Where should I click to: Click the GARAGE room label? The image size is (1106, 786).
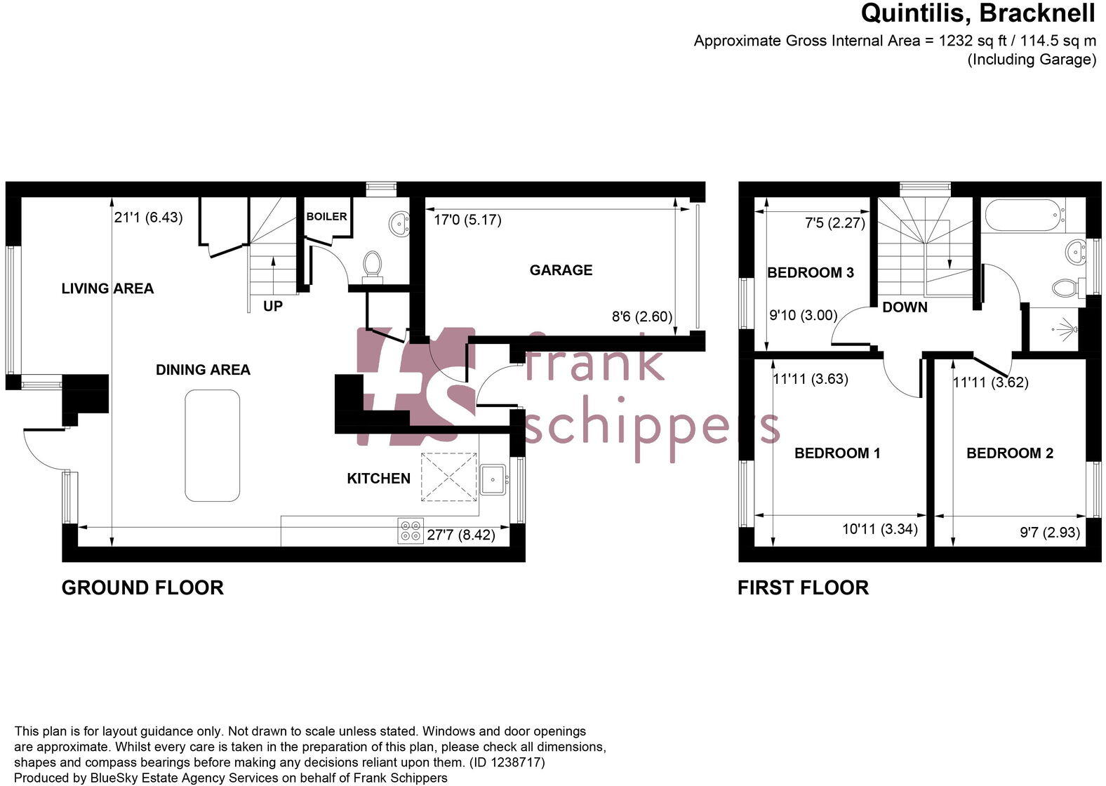point(561,270)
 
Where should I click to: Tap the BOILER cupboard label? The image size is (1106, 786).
point(326,217)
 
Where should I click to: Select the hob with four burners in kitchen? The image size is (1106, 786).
point(411,530)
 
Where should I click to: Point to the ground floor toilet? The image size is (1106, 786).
point(372,265)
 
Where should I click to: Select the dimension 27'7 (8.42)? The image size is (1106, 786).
point(460,535)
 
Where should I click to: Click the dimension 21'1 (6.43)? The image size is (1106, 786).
point(148,218)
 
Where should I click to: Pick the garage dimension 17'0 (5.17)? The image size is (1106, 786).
point(467,220)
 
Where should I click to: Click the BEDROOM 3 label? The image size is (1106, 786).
point(811,273)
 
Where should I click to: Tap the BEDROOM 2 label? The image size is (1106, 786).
point(1010,453)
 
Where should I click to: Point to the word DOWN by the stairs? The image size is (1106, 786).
point(905,307)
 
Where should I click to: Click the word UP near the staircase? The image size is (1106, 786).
point(273,307)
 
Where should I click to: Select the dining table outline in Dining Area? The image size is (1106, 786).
point(212,446)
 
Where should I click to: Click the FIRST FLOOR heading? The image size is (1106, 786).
point(803,588)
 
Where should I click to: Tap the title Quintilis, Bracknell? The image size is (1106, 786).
point(978,13)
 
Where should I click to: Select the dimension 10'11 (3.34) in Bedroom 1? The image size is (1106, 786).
point(879,529)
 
